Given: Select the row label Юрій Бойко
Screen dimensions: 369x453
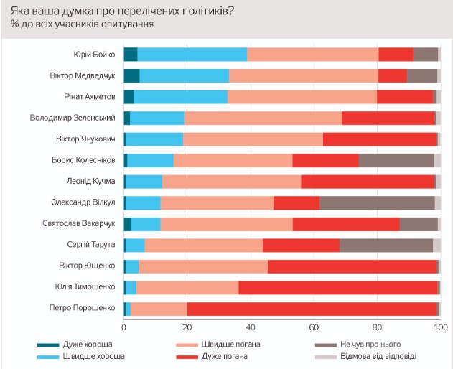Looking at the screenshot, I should [x=94, y=54].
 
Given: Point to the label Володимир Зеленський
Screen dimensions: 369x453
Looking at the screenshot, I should [x=73, y=118].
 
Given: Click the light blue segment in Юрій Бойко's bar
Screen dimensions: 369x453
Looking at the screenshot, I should [x=192, y=54].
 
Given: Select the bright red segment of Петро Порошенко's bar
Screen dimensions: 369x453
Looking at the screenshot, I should [x=312, y=309].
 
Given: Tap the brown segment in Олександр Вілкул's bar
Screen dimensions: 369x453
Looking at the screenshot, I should [x=377, y=202].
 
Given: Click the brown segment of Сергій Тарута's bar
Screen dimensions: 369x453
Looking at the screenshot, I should [x=386, y=245].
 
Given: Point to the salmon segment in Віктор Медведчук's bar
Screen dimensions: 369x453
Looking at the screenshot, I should [x=303, y=75].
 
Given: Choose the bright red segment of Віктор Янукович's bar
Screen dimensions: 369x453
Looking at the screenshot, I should [x=380, y=139].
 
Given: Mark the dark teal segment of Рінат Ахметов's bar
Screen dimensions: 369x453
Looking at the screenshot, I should [x=129, y=96].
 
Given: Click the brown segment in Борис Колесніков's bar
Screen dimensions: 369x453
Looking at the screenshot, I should [x=396, y=160].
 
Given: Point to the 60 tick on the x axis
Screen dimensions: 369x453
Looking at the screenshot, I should [x=313, y=328].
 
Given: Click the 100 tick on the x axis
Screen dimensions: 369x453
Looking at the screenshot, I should [x=438, y=328].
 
